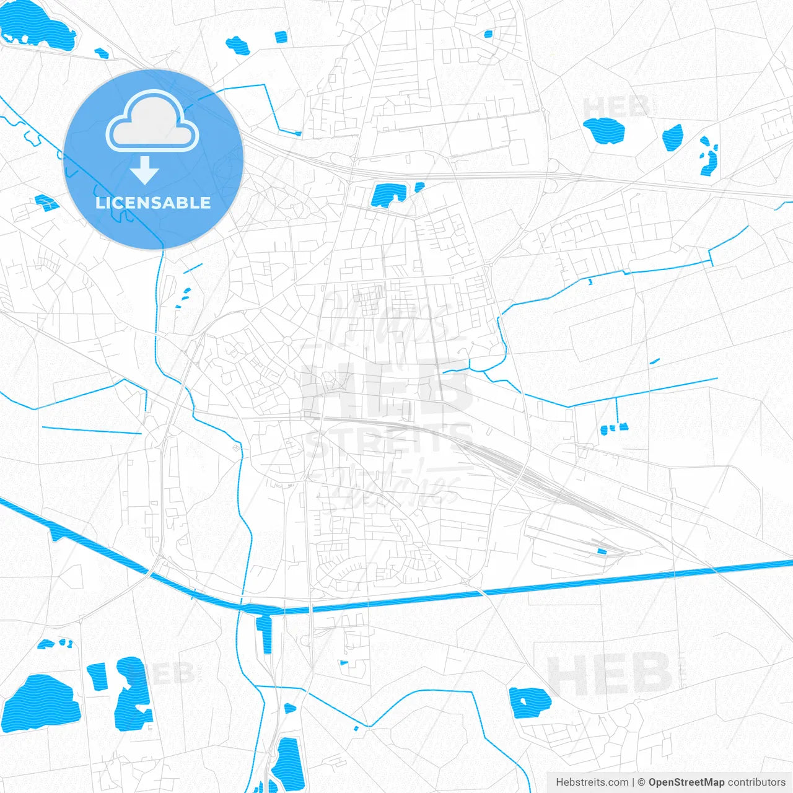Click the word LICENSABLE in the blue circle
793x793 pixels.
point(153,203)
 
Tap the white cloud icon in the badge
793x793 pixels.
point(152,122)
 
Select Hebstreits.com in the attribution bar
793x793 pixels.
point(592,782)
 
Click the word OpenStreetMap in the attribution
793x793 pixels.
point(686,782)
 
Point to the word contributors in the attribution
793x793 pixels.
point(756,782)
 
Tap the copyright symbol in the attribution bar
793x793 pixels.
point(641,782)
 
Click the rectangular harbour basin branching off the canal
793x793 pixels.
point(267,634)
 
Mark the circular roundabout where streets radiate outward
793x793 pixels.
point(287,340)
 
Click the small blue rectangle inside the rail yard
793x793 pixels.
point(601,551)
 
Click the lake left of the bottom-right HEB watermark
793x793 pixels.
point(530,703)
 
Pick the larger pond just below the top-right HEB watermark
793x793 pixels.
point(604,130)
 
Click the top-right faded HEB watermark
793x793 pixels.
point(616,107)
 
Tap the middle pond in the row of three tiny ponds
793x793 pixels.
point(613,427)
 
